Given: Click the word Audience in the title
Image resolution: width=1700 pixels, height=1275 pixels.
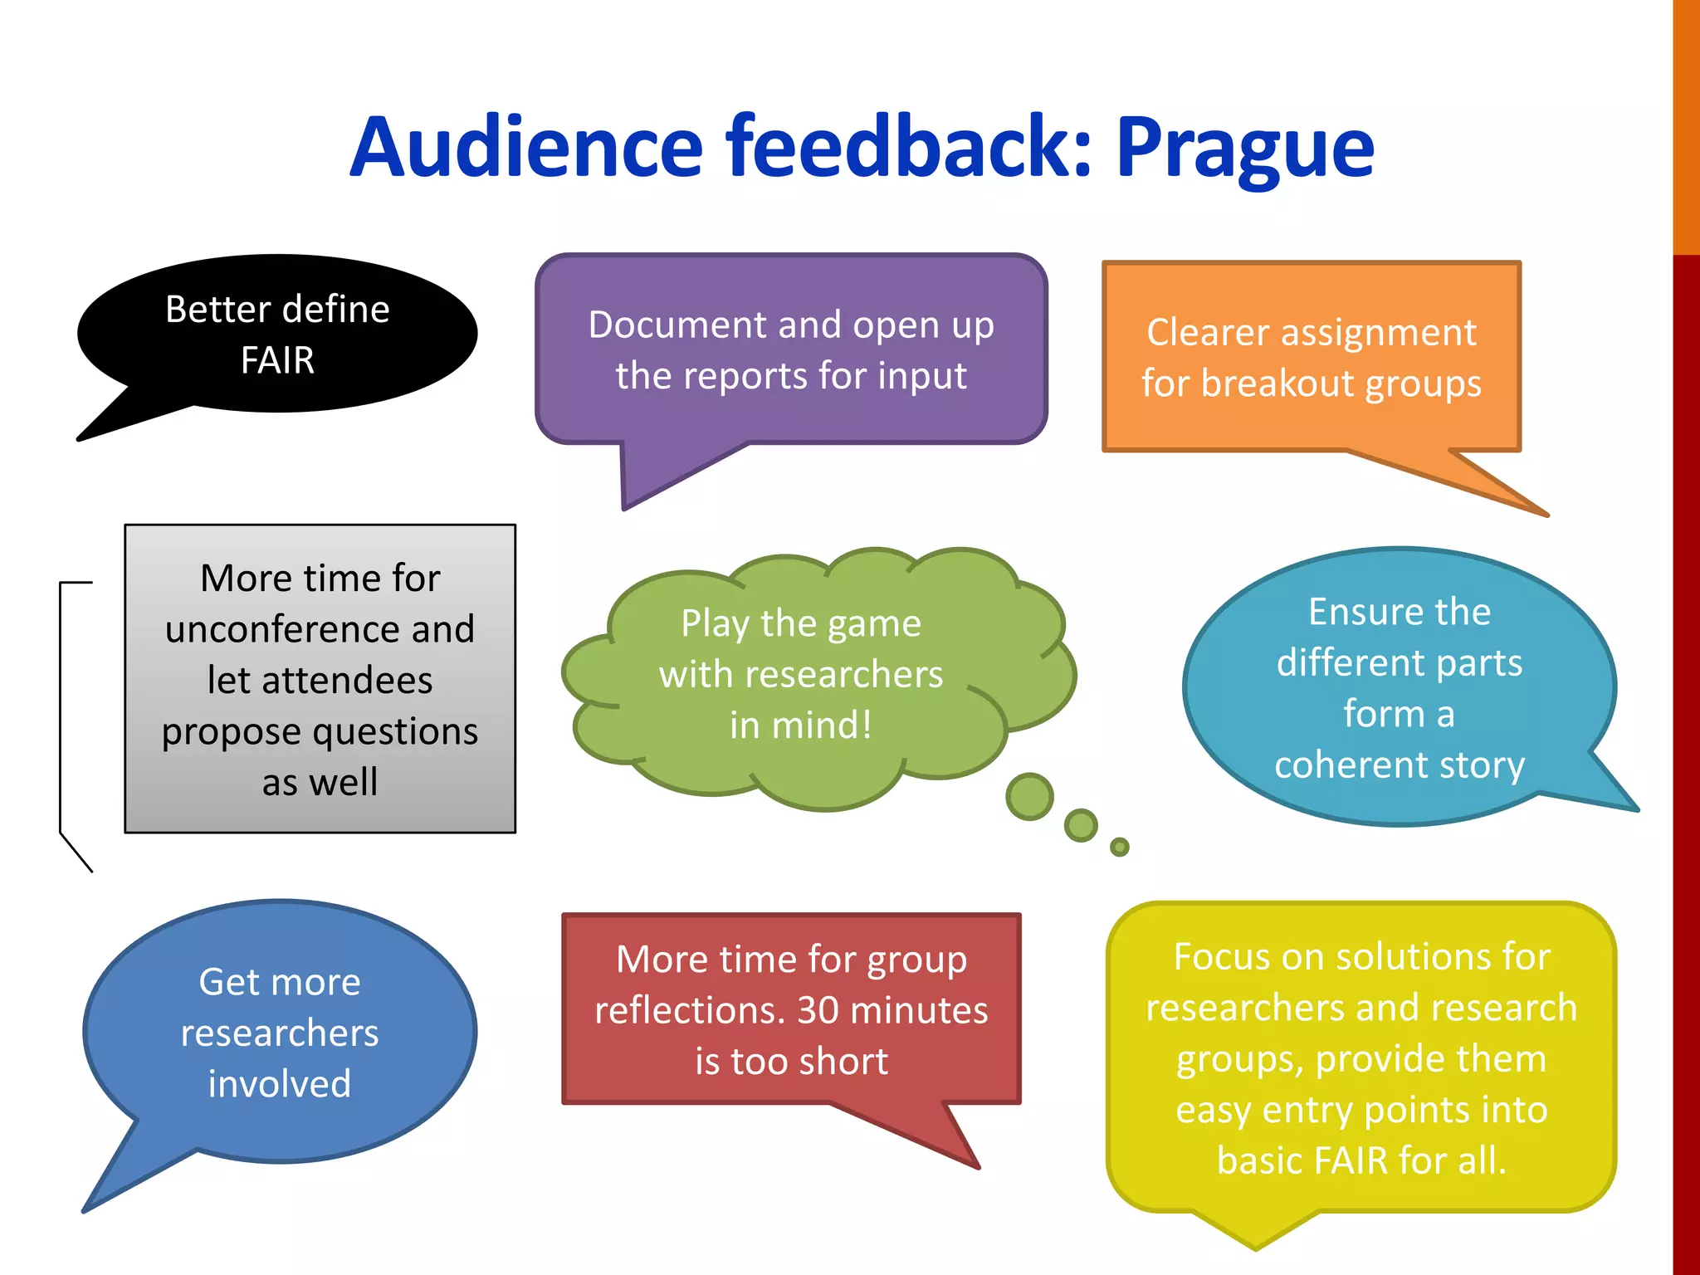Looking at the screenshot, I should (526, 148).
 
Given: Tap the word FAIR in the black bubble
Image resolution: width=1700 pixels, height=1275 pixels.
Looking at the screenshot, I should (277, 361).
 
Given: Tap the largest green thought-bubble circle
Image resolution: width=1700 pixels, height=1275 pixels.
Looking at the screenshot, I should (1029, 797).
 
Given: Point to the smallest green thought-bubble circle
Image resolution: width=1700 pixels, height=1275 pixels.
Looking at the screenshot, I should (1120, 847).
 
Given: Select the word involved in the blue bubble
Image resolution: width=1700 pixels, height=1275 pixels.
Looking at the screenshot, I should (280, 1084).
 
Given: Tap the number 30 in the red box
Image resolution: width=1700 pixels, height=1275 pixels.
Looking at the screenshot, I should (818, 1010).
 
